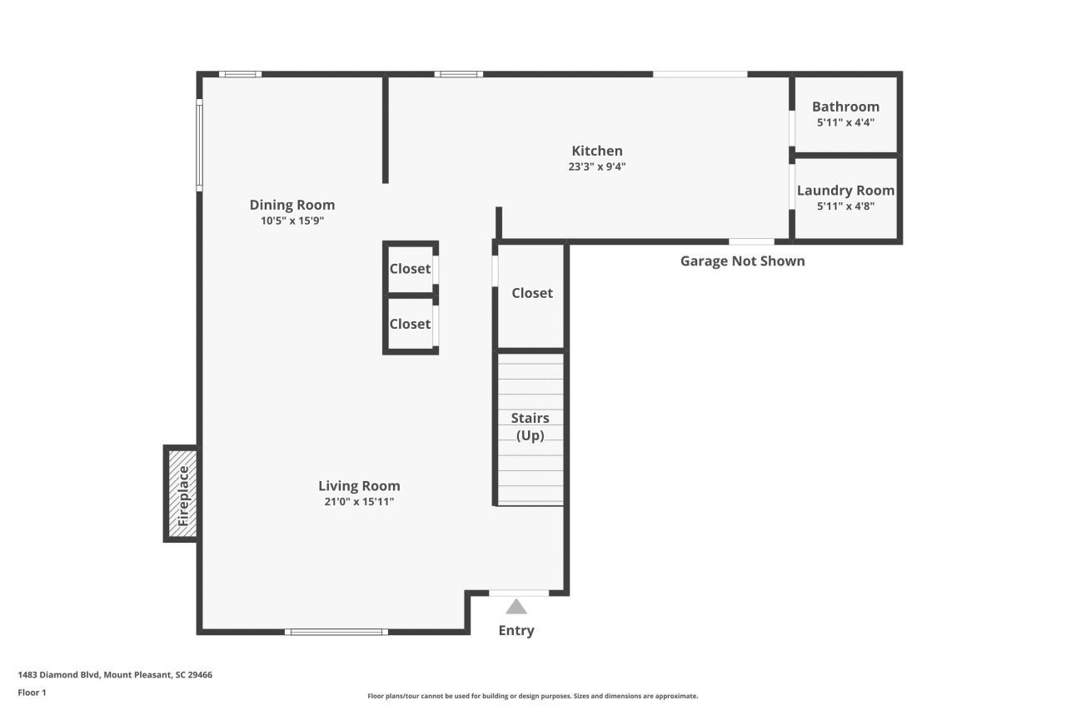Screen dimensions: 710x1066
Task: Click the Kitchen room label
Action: pyautogui.click(x=596, y=151)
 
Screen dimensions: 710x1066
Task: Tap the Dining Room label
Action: pyautogui.click(x=292, y=205)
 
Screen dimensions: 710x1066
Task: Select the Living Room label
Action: pyautogui.click(x=359, y=486)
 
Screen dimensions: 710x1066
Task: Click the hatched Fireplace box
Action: pyautogui.click(x=182, y=494)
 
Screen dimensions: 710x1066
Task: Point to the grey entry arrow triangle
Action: pyautogui.click(x=516, y=607)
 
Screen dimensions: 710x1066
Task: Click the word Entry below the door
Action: pyautogui.click(x=516, y=630)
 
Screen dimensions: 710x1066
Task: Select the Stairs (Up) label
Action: pyautogui.click(x=530, y=426)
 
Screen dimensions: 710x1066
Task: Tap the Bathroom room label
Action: pyautogui.click(x=845, y=107)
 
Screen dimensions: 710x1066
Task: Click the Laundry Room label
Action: pyautogui.click(x=845, y=191)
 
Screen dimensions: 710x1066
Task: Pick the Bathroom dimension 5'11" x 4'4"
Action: pyautogui.click(x=845, y=122)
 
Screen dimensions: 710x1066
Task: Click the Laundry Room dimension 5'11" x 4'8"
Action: pyautogui.click(x=845, y=206)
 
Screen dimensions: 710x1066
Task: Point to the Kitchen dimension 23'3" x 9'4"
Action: pyautogui.click(x=596, y=166)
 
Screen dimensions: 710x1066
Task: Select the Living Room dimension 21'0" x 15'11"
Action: pyautogui.click(x=359, y=502)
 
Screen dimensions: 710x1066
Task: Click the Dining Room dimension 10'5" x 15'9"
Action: pyautogui.click(x=292, y=221)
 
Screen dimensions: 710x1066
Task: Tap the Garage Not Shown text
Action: pyautogui.click(x=742, y=261)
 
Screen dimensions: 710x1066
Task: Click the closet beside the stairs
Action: pyautogui.click(x=531, y=294)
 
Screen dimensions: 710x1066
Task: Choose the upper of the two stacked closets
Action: pyautogui.click(x=410, y=269)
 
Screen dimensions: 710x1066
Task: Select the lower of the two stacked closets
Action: pyautogui.click(x=410, y=324)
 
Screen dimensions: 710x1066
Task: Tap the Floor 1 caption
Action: pyautogui.click(x=32, y=693)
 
